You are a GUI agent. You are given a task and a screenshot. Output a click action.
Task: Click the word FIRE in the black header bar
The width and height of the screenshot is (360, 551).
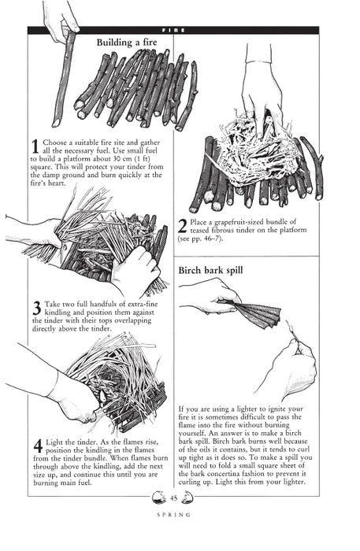coord(173,30)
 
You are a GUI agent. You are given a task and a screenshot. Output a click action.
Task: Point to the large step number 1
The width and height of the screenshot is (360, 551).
coord(35,146)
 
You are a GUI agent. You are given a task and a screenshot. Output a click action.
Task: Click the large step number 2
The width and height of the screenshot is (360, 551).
coord(183,226)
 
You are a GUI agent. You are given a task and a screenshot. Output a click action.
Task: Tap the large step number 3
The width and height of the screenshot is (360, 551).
coord(36,308)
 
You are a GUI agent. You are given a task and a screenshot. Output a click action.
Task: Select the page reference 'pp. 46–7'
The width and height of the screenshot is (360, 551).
coord(204,238)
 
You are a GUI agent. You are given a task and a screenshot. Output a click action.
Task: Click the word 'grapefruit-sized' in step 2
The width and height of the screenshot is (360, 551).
coord(238,222)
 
